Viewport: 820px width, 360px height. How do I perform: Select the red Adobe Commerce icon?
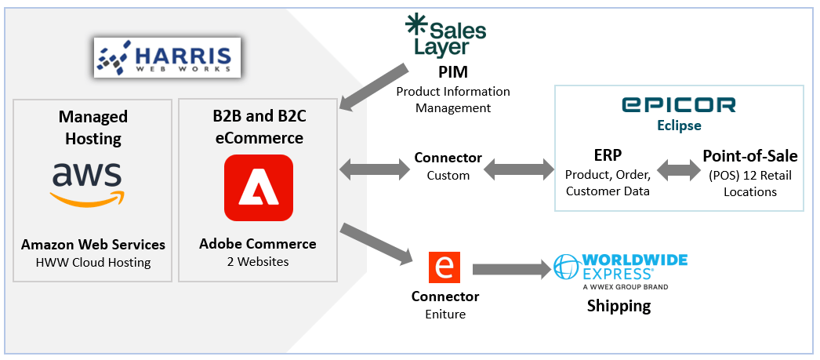click(x=258, y=187)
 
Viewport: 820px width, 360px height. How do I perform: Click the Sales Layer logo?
click(x=445, y=36)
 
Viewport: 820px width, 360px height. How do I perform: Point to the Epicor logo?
click(x=679, y=105)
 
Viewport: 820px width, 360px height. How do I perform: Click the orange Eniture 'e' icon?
click(x=444, y=267)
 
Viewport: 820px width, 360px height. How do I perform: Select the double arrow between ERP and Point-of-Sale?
click(x=678, y=167)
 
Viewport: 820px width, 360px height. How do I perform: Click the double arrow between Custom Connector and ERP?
click(x=520, y=167)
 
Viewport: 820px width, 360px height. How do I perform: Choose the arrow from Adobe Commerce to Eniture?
click(x=376, y=244)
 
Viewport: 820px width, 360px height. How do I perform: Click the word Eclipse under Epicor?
click(x=678, y=125)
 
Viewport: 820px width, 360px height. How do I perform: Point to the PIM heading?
click(x=453, y=73)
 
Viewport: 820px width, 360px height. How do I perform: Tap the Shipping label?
click(x=619, y=306)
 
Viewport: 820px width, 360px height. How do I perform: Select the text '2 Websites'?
click(x=258, y=261)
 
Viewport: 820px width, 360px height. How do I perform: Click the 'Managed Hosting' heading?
click(x=93, y=128)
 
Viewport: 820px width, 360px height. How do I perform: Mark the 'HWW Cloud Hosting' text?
click(x=93, y=261)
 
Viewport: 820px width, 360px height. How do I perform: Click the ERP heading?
click(x=608, y=155)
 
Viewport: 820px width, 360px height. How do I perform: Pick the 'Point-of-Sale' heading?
click(x=749, y=155)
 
